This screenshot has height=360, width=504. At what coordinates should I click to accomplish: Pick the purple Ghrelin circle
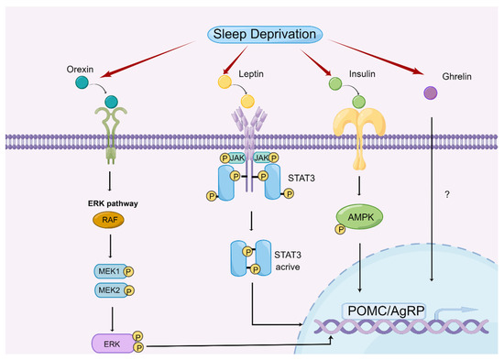click(x=429, y=93)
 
